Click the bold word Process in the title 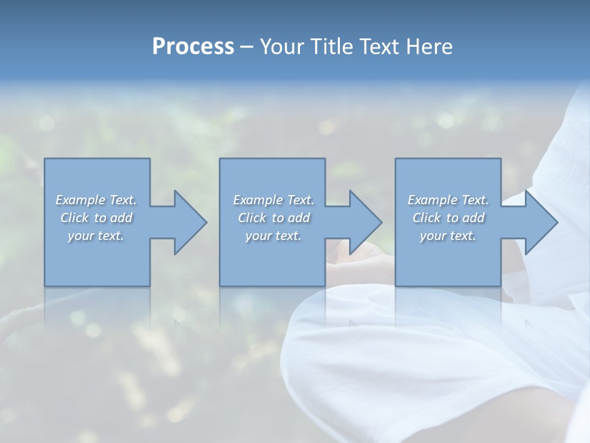click(x=193, y=47)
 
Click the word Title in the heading click(x=333, y=47)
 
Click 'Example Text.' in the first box click(x=96, y=200)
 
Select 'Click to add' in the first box click(x=96, y=218)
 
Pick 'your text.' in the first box click(x=96, y=236)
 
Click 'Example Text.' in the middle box click(x=273, y=200)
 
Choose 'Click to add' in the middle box click(x=273, y=218)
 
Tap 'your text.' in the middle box click(x=273, y=236)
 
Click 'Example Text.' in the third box click(x=448, y=200)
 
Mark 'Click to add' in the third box click(x=448, y=218)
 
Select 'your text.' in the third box click(x=448, y=236)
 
